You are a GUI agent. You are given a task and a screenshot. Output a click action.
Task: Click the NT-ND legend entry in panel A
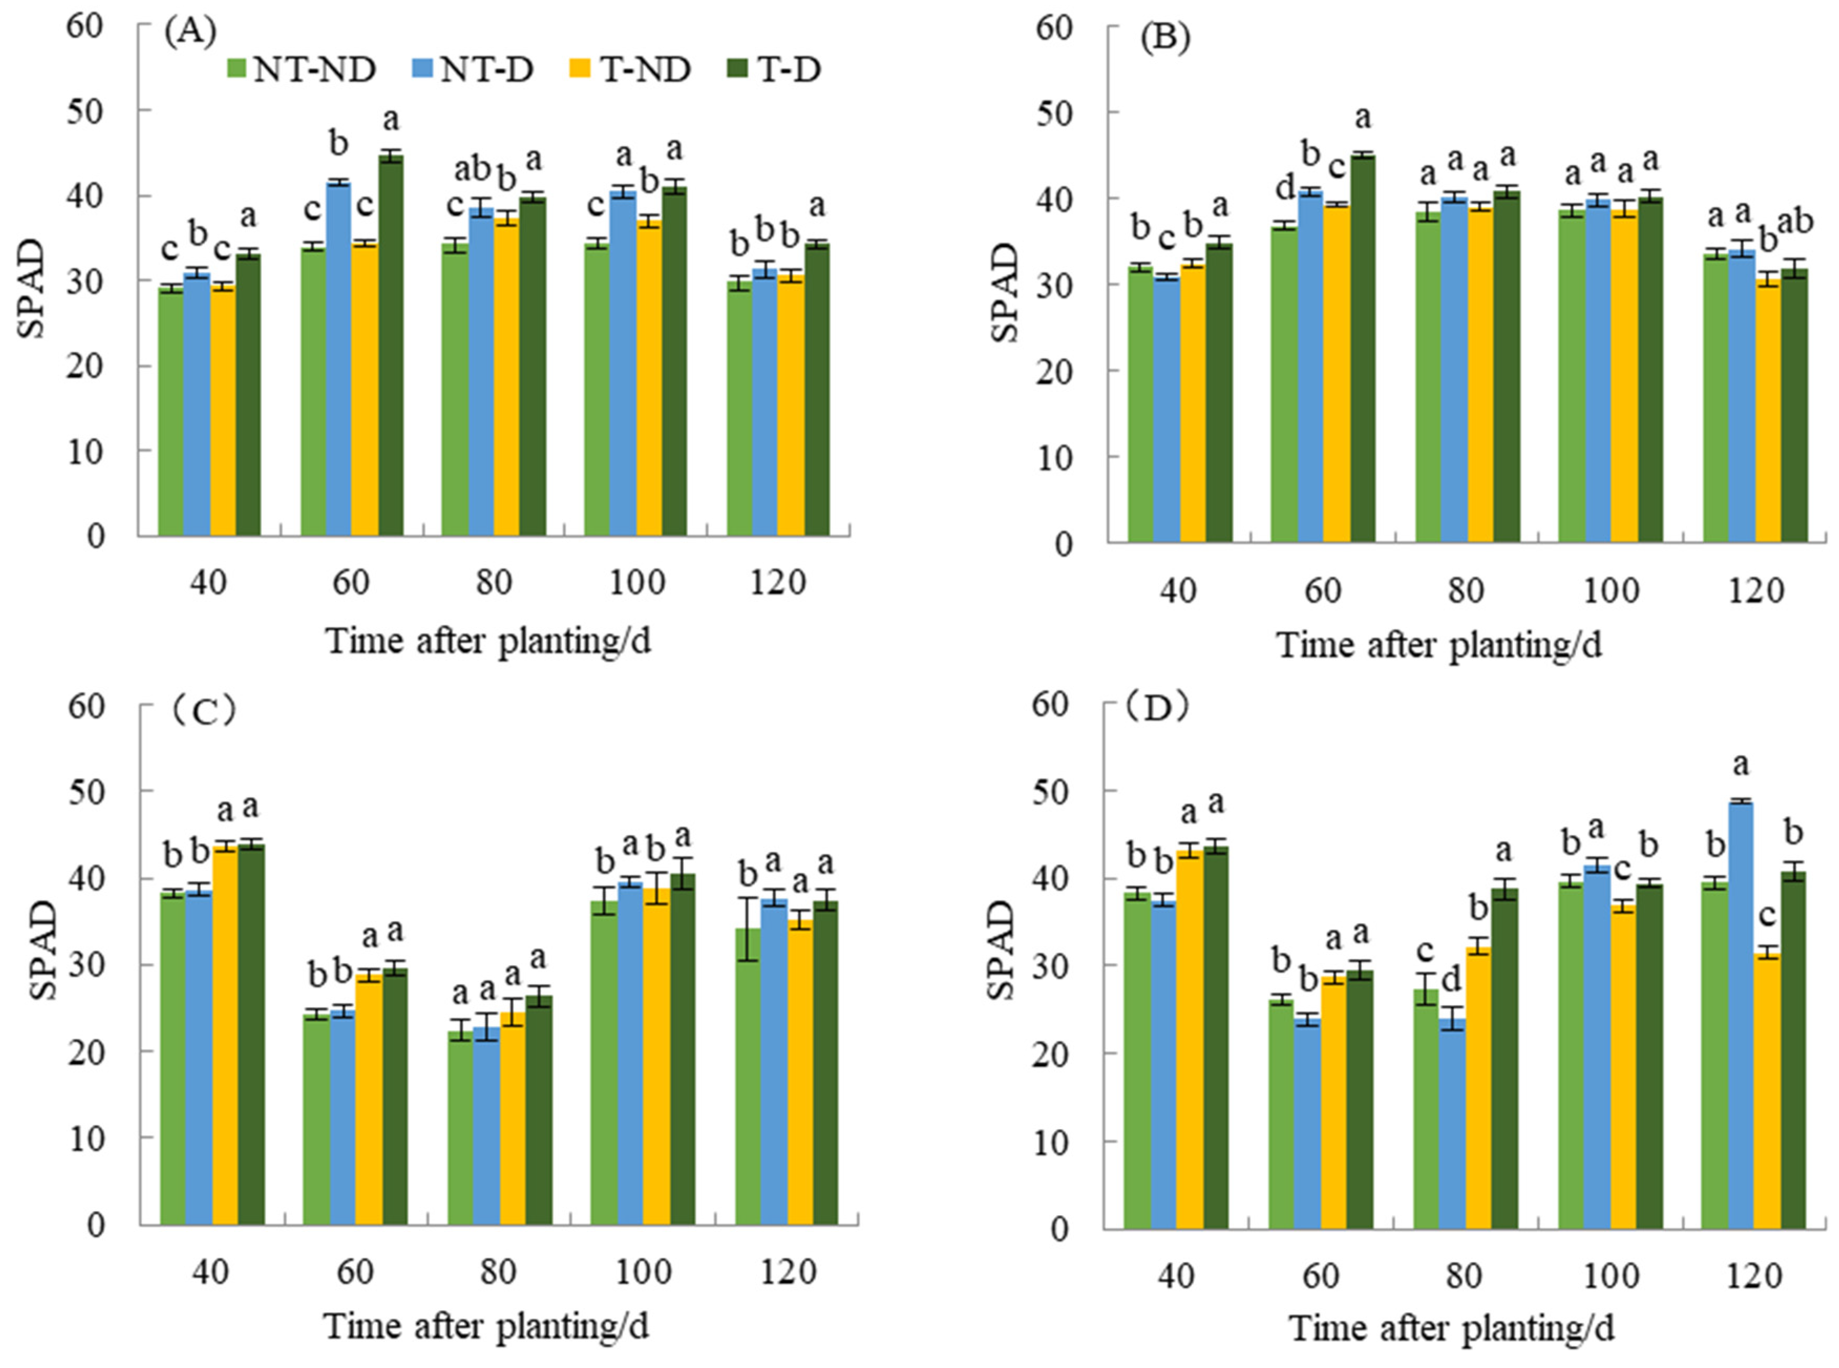click(302, 70)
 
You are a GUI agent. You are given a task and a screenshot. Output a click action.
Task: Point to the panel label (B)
click(1165, 40)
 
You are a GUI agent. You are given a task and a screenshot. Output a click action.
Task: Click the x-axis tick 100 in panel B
click(1611, 591)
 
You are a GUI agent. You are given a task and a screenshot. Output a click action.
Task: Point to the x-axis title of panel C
click(487, 1326)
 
